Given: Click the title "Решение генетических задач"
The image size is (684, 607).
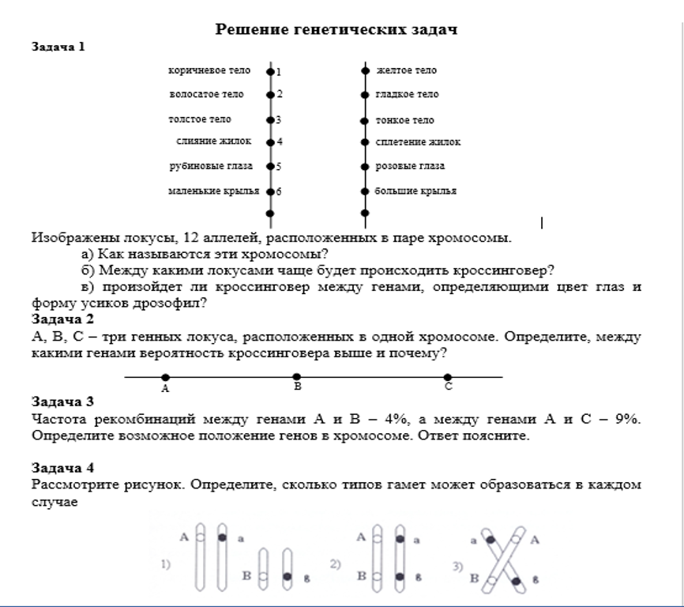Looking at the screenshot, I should pos(337,29).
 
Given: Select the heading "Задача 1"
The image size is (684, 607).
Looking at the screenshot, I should pos(58,47).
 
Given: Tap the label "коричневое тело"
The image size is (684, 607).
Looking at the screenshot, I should pos(209,70).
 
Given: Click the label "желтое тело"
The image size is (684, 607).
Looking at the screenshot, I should pos(406,70).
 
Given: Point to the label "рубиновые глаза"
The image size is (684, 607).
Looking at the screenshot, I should pos(211,166).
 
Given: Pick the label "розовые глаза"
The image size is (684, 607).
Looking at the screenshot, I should pos(409,166).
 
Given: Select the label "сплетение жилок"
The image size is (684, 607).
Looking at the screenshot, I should pos(418,142).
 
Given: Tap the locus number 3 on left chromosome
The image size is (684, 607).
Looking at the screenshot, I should pos(279,121).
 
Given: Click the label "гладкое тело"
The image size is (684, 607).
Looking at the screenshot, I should pos(407,94).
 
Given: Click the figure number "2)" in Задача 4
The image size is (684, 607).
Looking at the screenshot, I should pos(336,564).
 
